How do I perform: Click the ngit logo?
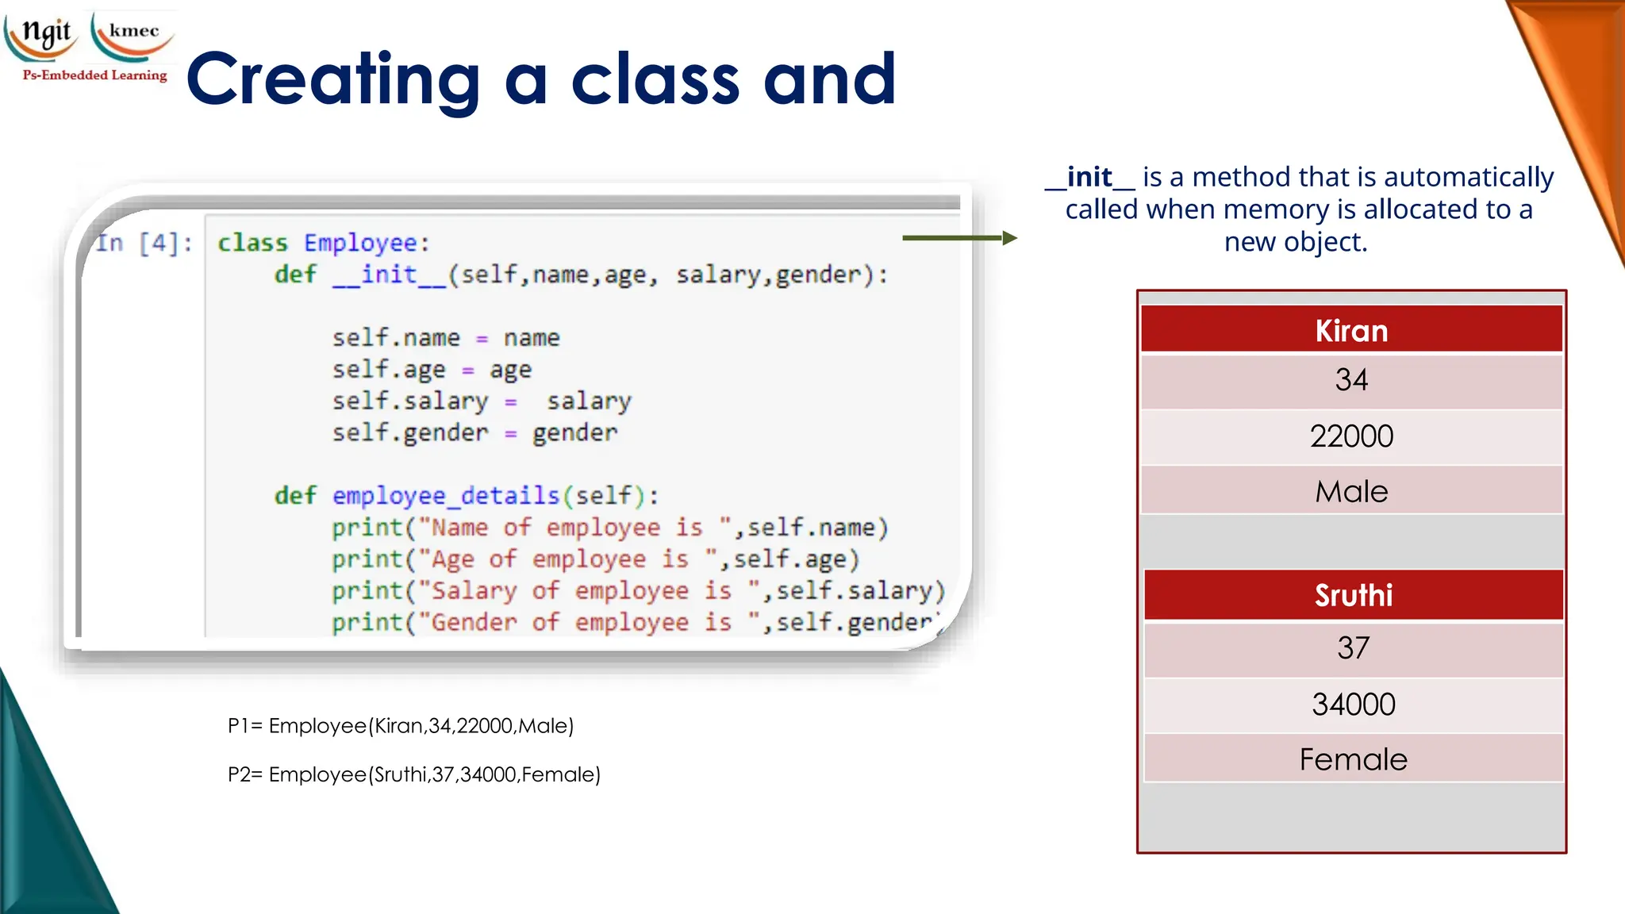44,33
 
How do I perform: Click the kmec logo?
133,33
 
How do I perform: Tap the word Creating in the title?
333,79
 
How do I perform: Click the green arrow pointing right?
959,238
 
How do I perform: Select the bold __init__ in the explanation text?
1089,177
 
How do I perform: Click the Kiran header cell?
1351,330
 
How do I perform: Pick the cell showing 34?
1351,380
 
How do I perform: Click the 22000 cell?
1351,436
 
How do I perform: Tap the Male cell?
1351,492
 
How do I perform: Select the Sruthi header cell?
1353,595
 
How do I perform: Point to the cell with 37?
1353,648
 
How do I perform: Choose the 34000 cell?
1353,705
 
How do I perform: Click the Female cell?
1353,760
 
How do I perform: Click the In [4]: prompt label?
144,243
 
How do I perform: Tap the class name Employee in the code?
360,243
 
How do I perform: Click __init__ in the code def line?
389,275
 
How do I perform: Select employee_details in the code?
446,496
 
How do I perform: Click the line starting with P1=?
401,726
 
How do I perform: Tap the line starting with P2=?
413,774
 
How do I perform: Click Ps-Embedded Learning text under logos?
95,75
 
